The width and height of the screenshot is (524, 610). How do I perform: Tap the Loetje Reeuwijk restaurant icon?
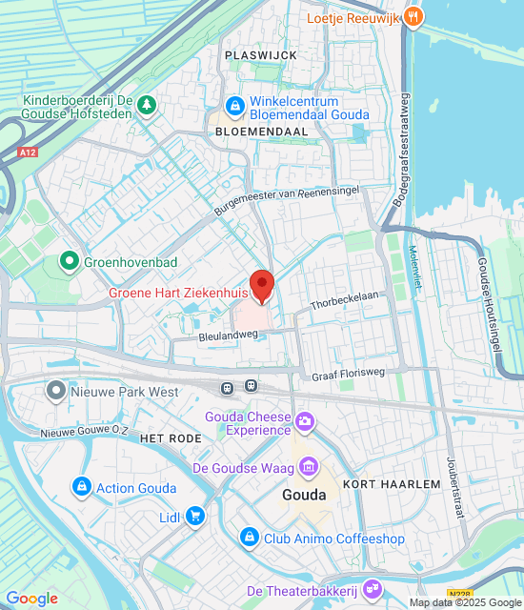click(413, 16)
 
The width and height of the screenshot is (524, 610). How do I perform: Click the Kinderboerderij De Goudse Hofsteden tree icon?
click(147, 104)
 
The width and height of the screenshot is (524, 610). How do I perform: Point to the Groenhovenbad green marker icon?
click(69, 259)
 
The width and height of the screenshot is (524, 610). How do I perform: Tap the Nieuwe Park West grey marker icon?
click(56, 391)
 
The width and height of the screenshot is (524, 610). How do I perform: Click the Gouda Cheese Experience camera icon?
click(305, 420)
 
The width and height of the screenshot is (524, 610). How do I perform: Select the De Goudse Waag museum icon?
click(309, 467)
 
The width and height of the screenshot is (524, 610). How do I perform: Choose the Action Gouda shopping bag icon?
click(81, 488)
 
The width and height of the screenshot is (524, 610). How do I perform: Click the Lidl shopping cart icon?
click(195, 517)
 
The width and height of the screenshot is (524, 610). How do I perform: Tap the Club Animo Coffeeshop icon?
click(250, 539)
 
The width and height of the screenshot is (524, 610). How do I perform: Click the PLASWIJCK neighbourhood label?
click(261, 55)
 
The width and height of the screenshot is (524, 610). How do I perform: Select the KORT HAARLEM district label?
click(392, 484)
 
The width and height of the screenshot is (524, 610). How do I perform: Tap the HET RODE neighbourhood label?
click(171, 437)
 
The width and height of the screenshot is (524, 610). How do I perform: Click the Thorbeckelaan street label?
click(345, 300)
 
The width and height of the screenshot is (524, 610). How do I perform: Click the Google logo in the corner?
click(31, 599)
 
